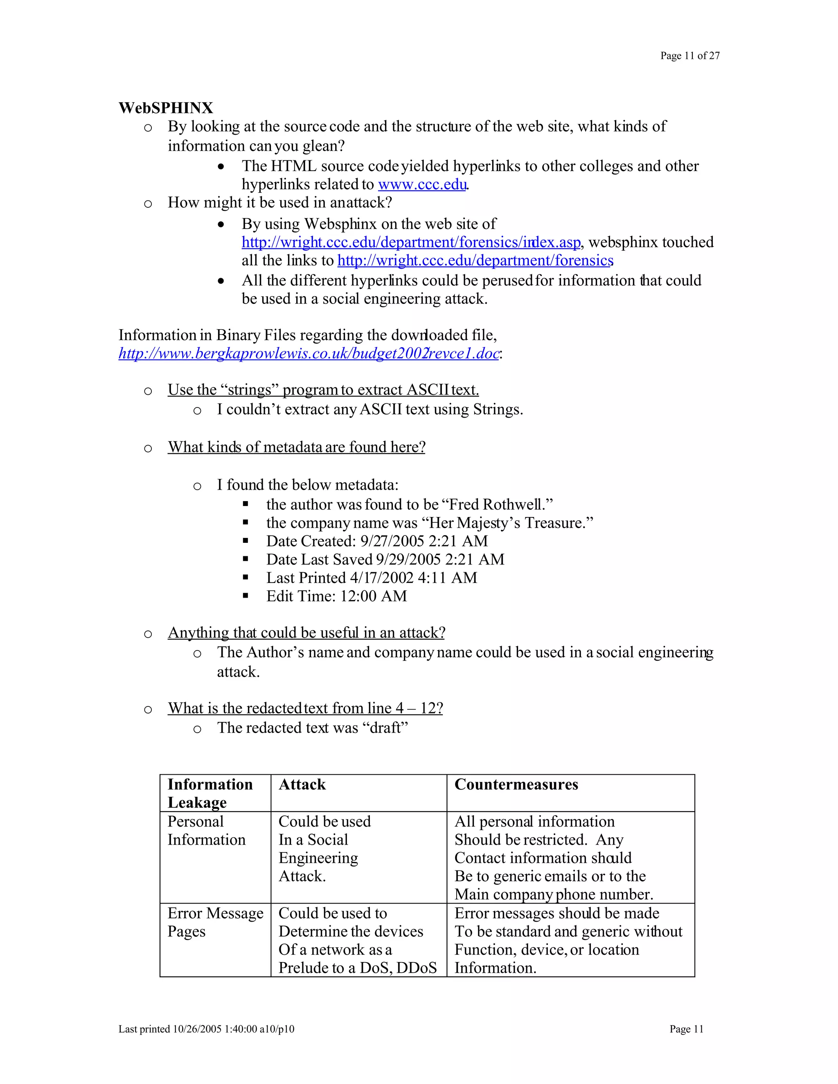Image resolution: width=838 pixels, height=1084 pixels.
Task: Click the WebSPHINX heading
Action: tap(166, 108)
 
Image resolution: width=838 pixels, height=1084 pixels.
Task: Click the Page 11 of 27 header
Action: tap(689, 56)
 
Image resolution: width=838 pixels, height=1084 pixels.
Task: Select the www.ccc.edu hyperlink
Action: tap(422, 184)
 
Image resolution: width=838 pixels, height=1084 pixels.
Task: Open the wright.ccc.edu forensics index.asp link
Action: tap(410, 242)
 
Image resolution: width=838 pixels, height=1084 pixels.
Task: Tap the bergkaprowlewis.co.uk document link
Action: tap(308, 353)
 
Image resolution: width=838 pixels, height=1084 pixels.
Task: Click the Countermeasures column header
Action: tap(516, 784)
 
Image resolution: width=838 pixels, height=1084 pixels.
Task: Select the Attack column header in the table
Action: tap(302, 784)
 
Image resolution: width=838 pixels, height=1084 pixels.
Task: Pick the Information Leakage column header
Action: tap(210, 793)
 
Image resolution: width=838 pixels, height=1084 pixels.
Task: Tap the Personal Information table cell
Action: tap(206, 830)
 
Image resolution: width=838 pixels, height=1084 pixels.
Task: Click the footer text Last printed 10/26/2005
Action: tap(206, 1029)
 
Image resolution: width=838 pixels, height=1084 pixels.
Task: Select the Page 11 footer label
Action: tap(686, 1029)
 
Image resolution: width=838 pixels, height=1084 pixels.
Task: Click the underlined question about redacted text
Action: tap(305, 708)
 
